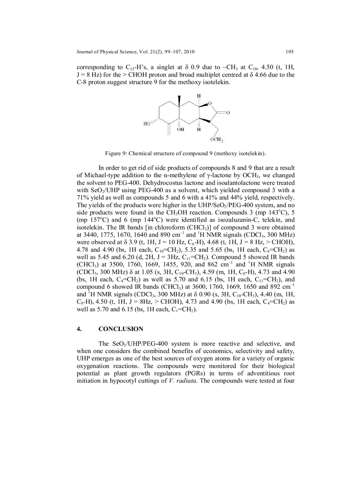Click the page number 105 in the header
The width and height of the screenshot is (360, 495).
[x=289, y=52]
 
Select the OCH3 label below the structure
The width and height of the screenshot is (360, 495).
[x=216, y=140]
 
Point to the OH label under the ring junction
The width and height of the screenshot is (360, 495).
[x=181, y=130]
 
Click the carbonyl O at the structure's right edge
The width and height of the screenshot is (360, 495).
[x=228, y=113]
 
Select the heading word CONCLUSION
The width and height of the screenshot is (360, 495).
[x=121, y=329]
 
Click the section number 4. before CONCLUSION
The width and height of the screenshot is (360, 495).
[x=79, y=329]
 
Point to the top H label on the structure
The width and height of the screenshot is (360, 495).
[x=199, y=96]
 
